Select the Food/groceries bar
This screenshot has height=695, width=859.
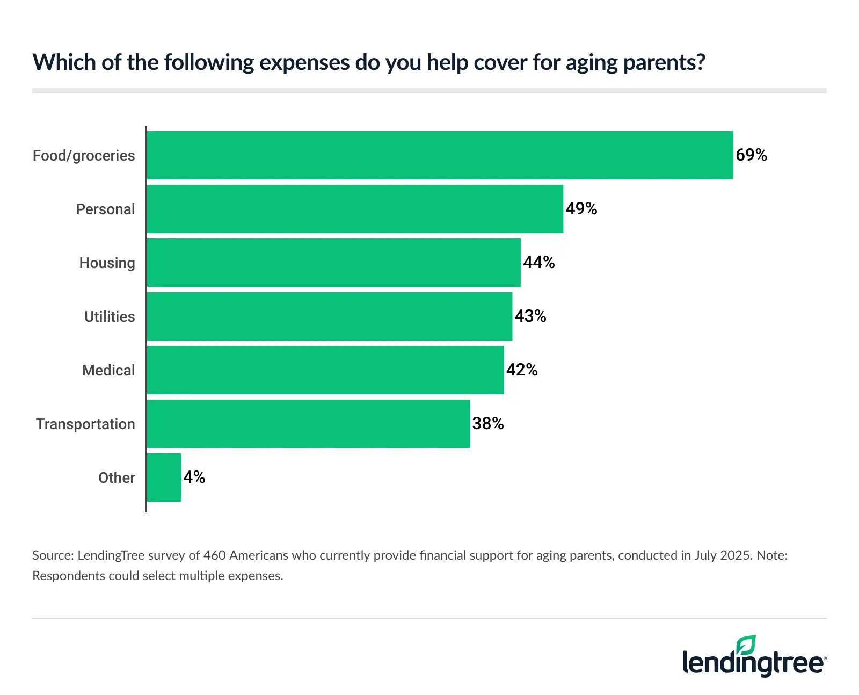coord(440,155)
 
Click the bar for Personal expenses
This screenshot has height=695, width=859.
coord(355,209)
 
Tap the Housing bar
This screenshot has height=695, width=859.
coord(333,263)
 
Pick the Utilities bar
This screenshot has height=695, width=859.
coord(329,316)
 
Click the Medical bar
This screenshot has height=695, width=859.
coord(325,370)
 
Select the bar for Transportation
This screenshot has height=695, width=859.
coord(308,424)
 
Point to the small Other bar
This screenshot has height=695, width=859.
coord(164,477)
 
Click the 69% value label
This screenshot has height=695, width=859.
coord(751,155)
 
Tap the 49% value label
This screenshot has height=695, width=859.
coord(581,209)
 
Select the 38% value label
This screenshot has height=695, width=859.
coord(488,424)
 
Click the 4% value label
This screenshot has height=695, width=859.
coord(194,477)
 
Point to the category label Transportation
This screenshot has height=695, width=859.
coord(85,424)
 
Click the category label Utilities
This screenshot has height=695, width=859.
coord(110,317)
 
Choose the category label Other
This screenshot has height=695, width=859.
coord(117,478)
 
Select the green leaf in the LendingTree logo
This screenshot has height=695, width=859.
coord(746,645)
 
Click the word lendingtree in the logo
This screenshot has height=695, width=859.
coord(753,663)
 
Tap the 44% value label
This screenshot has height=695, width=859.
coord(539,263)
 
